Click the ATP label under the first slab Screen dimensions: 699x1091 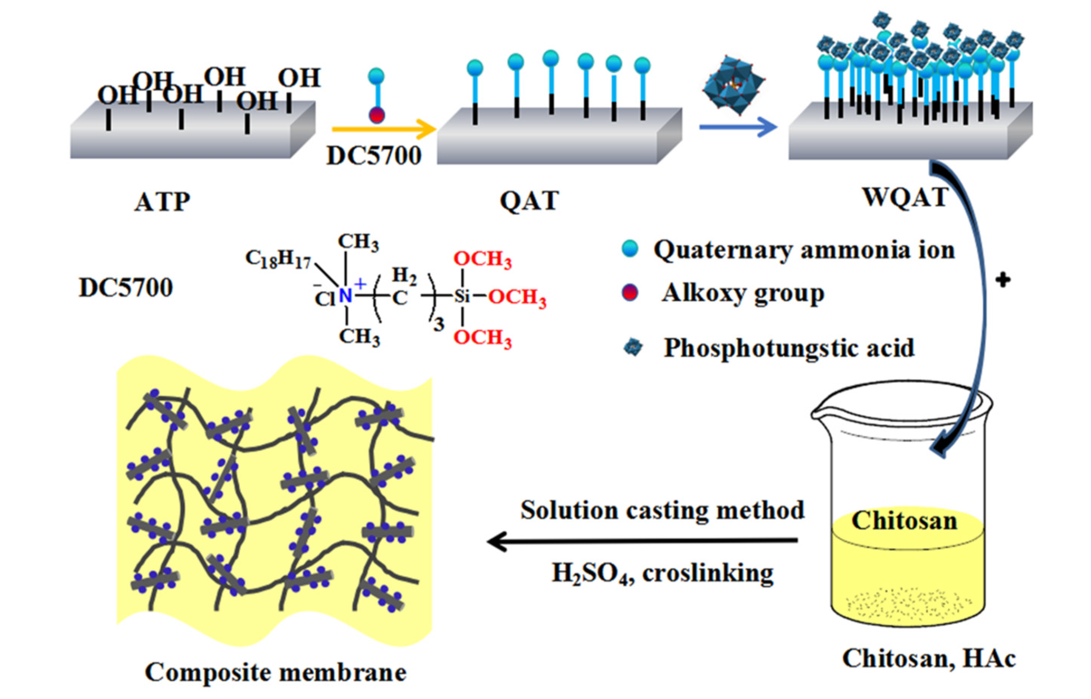(x=162, y=202)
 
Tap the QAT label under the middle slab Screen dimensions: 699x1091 (x=529, y=201)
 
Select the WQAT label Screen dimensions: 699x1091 (x=905, y=197)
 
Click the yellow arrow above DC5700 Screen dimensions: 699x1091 (x=384, y=129)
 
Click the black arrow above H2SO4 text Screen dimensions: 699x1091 (x=642, y=541)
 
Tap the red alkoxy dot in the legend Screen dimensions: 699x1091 (x=630, y=293)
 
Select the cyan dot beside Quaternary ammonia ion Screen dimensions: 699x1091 (x=630, y=249)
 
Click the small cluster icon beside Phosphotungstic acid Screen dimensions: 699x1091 (x=633, y=348)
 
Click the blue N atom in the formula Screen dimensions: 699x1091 (x=345, y=296)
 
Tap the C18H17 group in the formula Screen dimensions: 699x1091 (x=278, y=259)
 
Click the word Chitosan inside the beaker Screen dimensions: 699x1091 (x=904, y=521)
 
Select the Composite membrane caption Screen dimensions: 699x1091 (x=275, y=672)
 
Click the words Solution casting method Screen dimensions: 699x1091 (x=662, y=510)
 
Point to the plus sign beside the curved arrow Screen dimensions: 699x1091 (x=1003, y=280)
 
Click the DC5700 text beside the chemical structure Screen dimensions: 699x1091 (x=126, y=288)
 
